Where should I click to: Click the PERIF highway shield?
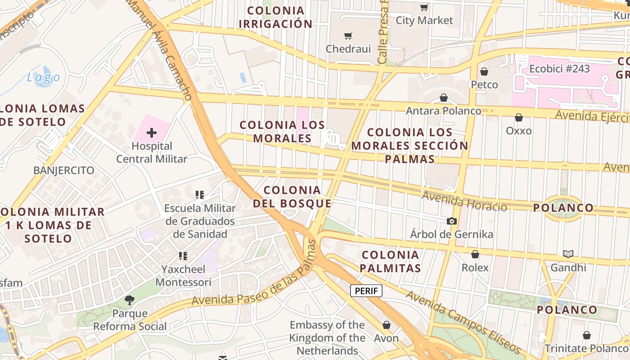[x=366, y=291]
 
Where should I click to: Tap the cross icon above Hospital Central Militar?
[x=152, y=133]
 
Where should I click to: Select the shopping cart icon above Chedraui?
[x=348, y=36]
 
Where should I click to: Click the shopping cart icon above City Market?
[x=424, y=7]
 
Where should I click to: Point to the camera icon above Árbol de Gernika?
[x=451, y=221]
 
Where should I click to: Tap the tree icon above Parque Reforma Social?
[x=130, y=300]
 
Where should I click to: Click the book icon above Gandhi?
[x=568, y=254]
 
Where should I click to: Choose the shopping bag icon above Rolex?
[x=475, y=254]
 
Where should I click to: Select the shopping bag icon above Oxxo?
[x=519, y=117]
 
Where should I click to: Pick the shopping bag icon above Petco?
[x=484, y=72]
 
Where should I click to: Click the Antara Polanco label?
[x=443, y=111]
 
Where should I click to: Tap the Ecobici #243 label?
[x=559, y=69]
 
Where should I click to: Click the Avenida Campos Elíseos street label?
[x=463, y=323]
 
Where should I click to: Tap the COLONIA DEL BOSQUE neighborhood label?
[x=292, y=197]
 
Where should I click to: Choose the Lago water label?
[x=43, y=77]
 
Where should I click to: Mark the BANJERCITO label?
[x=64, y=171]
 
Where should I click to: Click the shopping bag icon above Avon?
[x=386, y=325]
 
